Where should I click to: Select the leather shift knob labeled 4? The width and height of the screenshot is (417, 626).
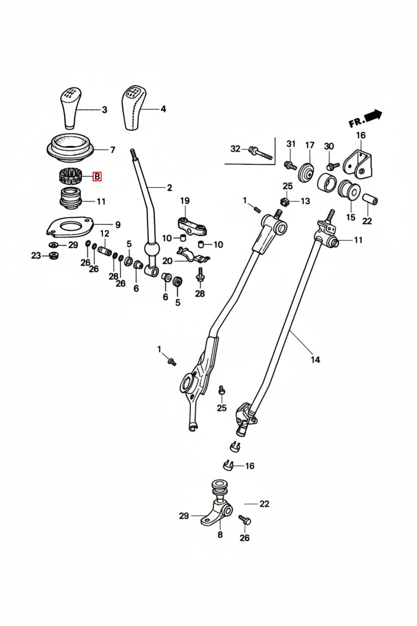tap(133, 107)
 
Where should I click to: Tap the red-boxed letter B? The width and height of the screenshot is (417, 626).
tap(97, 177)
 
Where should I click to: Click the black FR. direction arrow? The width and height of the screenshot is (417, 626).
tap(373, 116)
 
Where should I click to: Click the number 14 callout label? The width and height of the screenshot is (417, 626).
tap(315, 360)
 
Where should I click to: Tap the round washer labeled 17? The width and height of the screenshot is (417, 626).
tap(307, 174)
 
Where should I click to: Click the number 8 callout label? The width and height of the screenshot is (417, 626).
tap(220, 535)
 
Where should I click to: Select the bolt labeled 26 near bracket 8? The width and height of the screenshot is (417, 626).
tap(245, 521)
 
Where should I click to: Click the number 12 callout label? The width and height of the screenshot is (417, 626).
tap(105, 234)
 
